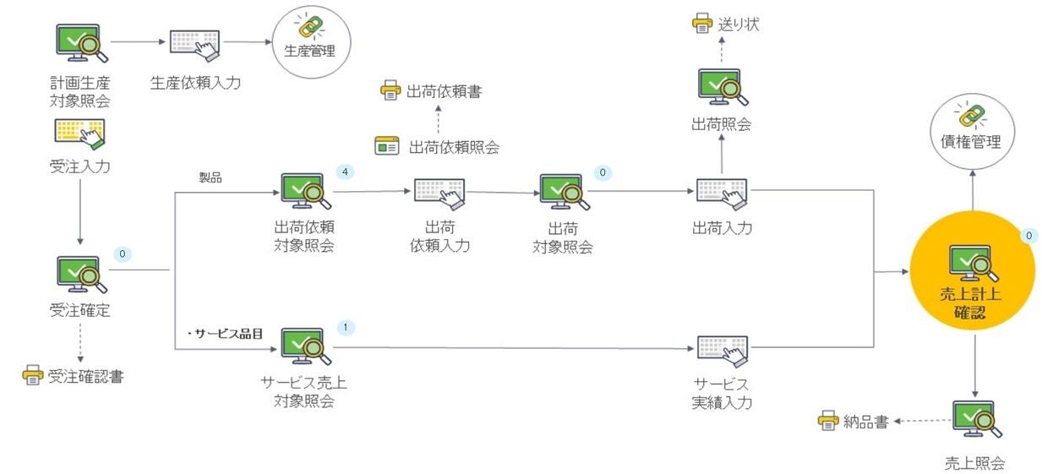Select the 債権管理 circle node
point(971,130)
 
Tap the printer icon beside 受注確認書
point(32,376)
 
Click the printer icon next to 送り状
point(702,24)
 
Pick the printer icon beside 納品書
point(828,421)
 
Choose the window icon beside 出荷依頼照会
point(387,146)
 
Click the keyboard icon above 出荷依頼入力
point(439,193)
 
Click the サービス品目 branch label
point(226,334)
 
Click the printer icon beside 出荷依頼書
point(390,91)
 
